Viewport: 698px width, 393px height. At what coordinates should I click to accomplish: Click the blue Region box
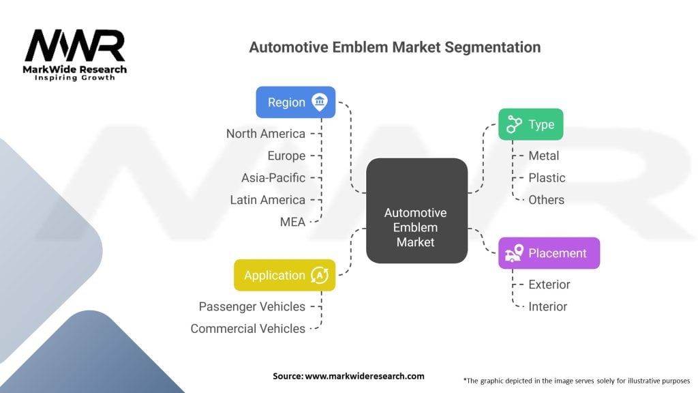click(296, 102)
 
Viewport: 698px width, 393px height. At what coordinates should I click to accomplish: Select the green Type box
click(530, 124)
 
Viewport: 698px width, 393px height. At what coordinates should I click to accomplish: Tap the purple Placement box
click(549, 253)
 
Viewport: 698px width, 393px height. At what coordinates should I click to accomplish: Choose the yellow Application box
click(284, 276)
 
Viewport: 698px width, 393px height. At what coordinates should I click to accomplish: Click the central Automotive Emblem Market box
click(416, 211)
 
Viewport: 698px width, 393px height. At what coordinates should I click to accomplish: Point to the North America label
click(266, 134)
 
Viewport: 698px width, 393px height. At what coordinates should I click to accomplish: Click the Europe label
click(287, 156)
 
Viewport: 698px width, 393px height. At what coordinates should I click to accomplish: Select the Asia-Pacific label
click(273, 178)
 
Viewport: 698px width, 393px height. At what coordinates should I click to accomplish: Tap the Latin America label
click(267, 200)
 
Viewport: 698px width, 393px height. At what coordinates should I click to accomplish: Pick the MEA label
click(292, 222)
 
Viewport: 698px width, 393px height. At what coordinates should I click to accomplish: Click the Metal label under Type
click(543, 156)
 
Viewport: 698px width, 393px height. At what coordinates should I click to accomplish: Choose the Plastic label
click(547, 178)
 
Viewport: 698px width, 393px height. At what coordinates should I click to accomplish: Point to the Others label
click(546, 200)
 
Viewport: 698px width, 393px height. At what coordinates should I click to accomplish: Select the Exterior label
click(549, 285)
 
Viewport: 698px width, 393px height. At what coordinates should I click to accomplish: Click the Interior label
click(547, 306)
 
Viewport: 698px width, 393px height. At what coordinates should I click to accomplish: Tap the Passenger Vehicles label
click(252, 306)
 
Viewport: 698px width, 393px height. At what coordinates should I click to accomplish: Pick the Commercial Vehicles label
click(248, 329)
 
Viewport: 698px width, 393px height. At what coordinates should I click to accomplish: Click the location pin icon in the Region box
click(320, 102)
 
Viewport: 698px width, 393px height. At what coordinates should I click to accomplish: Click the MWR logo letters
click(75, 46)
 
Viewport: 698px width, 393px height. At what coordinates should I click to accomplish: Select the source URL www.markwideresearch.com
click(365, 376)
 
